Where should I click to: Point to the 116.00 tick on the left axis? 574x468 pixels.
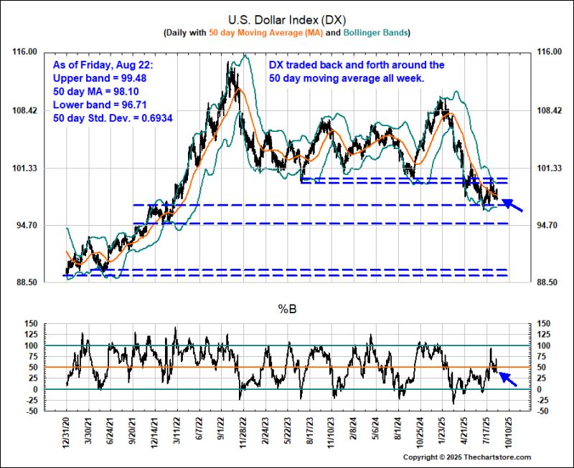(x=26, y=52)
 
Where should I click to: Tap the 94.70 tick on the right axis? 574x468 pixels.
(x=543, y=225)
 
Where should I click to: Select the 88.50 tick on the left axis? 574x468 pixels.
(x=26, y=283)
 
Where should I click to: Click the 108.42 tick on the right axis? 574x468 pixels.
(x=543, y=110)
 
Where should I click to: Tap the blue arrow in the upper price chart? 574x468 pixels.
(x=512, y=206)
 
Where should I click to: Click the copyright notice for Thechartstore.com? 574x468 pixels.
(x=467, y=457)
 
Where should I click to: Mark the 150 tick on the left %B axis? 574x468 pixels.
(x=30, y=324)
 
